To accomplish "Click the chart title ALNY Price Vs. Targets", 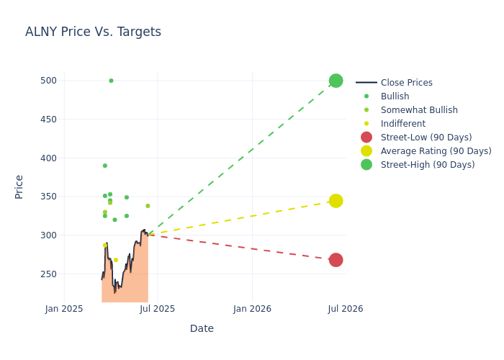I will [x=93, y=32].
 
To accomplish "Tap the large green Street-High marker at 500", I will [x=336, y=81].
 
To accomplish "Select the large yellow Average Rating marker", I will [x=336, y=201].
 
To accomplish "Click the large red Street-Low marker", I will [x=336, y=260].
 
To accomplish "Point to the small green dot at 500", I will [x=111, y=81].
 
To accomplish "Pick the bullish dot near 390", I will [x=105, y=166].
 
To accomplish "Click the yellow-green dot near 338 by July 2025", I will [x=148, y=206].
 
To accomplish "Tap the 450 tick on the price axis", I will [x=48, y=120].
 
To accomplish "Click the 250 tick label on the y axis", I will [x=48, y=274].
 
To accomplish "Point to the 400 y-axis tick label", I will [x=48, y=158].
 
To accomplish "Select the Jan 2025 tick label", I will [x=64, y=309].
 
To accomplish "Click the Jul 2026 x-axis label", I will [x=346, y=309].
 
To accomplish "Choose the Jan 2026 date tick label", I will [x=253, y=309].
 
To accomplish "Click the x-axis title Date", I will [x=202, y=329].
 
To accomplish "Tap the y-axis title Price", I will [x=19, y=186].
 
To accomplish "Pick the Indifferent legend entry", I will [x=402, y=124].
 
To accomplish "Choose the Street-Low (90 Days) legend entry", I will [x=426, y=138].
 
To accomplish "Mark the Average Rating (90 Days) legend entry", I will [x=436, y=151].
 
